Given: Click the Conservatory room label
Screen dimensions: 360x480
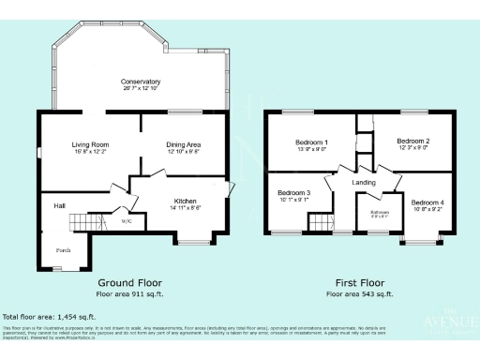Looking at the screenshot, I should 141,82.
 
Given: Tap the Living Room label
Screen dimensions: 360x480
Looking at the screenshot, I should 91,144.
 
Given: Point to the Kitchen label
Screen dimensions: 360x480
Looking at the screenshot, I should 184,200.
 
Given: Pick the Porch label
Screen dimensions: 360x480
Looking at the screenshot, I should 64,250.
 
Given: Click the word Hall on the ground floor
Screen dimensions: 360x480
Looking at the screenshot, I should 59,204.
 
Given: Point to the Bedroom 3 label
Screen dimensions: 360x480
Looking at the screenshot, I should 295,193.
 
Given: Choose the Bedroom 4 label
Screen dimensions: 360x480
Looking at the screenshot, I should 427,202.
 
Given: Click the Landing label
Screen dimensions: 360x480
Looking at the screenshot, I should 364,182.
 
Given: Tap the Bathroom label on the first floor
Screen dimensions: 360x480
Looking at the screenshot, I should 379,212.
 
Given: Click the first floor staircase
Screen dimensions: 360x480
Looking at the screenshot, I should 322,222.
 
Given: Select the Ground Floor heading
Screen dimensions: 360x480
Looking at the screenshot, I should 130,281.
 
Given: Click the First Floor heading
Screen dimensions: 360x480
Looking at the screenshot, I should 360,281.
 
